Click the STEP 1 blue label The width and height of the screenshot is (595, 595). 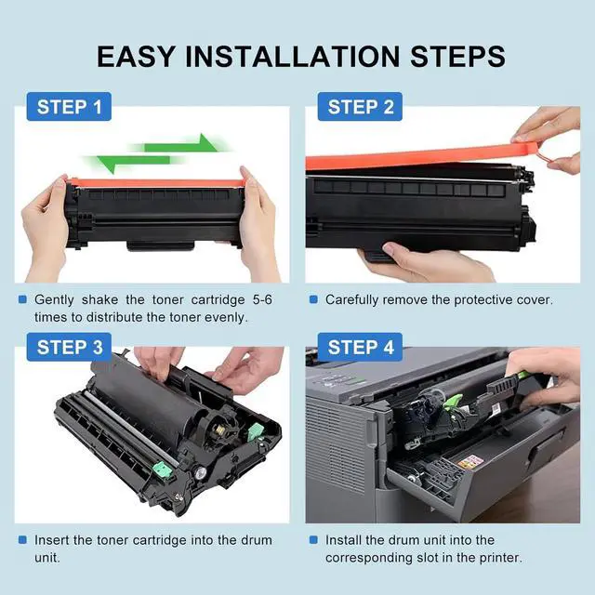tap(69, 107)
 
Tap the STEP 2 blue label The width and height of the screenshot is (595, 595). tap(360, 107)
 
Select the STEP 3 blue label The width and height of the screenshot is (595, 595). tap(69, 347)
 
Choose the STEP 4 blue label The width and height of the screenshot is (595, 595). tap(360, 347)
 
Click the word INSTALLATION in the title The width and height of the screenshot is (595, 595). tap(292, 57)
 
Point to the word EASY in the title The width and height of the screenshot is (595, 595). tap(136, 57)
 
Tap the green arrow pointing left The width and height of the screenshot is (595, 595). tap(134, 162)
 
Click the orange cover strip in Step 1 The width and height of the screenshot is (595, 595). tap(156, 183)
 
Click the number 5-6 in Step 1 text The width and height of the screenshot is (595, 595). tap(262, 299)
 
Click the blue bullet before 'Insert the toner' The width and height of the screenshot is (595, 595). tap(22, 540)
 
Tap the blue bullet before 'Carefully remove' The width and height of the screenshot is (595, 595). tap(313, 299)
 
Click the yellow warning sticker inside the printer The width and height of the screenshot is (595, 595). tap(469, 462)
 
